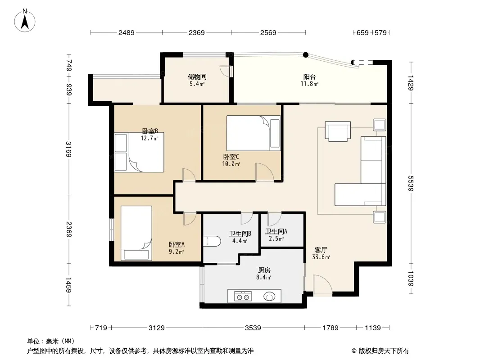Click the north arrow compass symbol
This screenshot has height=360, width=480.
pos(25,21)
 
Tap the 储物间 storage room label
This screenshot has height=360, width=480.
pos(197,77)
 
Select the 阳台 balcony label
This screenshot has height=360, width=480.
pos(309,77)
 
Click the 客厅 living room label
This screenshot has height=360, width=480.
pos(321,250)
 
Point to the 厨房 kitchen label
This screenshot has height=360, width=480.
pos(264,270)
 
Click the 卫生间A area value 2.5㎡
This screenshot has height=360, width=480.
pos(276,239)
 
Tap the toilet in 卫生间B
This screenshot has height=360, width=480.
pos(212,241)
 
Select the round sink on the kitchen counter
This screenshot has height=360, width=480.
pos(269,297)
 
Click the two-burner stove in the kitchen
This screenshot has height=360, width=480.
pos(243,297)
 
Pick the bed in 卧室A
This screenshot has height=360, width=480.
pos(136,234)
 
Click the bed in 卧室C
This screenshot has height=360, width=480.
pos(254,133)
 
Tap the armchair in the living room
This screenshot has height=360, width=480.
pos(338,131)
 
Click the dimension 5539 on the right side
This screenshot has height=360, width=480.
pos(411,184)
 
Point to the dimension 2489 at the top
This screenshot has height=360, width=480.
pos(127,32)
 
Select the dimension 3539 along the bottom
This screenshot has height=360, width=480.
pos(253,328)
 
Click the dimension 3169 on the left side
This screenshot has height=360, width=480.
pos(68,149)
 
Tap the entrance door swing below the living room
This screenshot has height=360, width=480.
pos(322,285)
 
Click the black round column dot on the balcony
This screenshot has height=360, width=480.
pos(305,55)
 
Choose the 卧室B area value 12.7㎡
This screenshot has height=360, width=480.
pos(149,138)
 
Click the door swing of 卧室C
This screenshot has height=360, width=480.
pos(264,172)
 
